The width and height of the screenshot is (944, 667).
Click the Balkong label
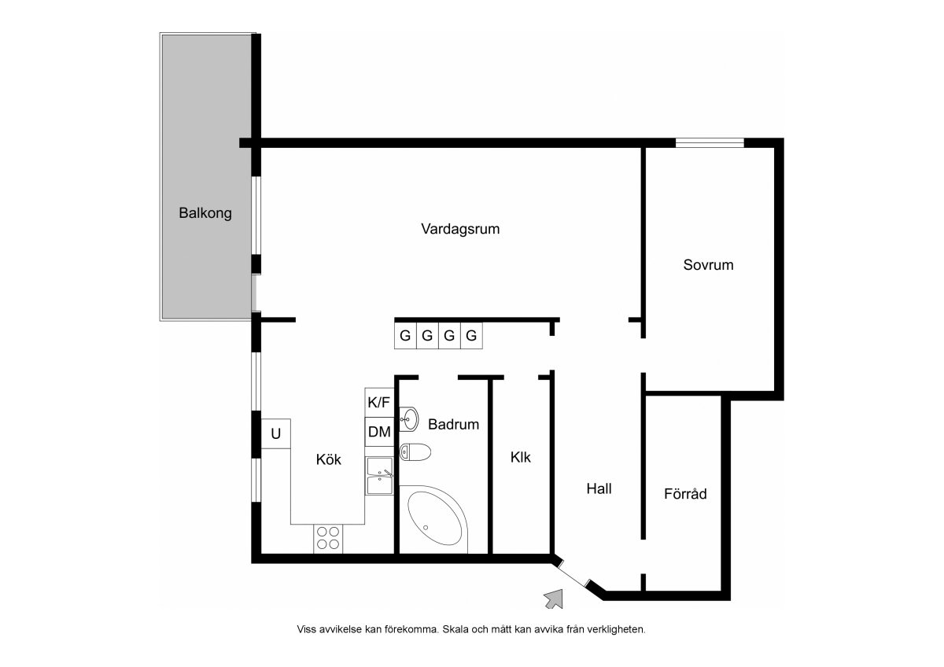coord(205,213)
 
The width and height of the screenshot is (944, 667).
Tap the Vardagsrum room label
coord(460,229)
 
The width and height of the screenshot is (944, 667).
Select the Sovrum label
coord(708,265)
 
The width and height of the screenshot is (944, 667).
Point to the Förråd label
coord(685,493)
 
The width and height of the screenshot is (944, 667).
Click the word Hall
coord(599,488)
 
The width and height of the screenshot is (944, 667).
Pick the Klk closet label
coord(521,457)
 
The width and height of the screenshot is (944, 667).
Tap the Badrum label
coord(453,424)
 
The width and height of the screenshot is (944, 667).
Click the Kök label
coord(328,459)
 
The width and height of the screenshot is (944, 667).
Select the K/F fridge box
coord(379,403)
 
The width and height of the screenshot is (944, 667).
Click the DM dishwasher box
coord(379,432)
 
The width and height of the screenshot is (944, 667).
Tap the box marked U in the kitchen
coord(275,433)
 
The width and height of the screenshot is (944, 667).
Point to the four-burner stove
coord(328,539)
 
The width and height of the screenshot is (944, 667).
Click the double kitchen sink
coord(380,476)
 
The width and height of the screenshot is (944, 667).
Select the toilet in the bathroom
coord(415,452)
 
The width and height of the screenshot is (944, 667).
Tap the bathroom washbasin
coord(408,419)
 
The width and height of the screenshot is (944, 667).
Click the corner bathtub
coord(434,519)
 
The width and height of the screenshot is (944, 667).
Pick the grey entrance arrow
coord(555,599)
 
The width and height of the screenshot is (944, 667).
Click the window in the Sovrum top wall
coord(710,143)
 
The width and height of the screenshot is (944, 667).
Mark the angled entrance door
coord(573,573)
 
